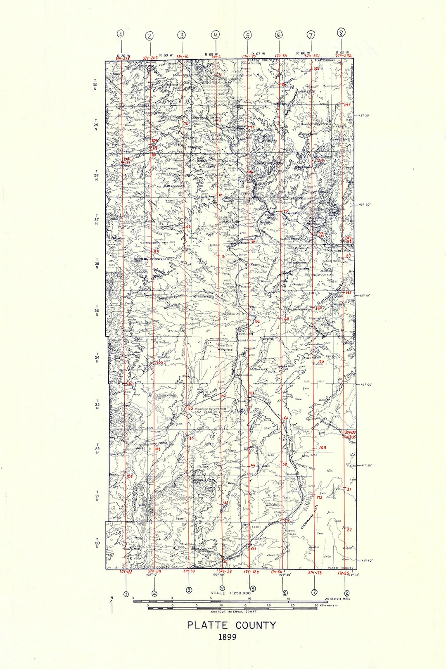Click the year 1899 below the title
(x=228, y=637)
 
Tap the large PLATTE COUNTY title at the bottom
(x=231, y=625)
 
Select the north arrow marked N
(x=111, y=605)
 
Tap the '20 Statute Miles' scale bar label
(x=337, y=598)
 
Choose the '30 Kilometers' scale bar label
(x=326, y=605)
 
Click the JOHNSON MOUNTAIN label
(x=150, y=259)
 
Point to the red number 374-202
(x=150, y=58)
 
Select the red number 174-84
(x=281, y=55)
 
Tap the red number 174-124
(x=251, y=572)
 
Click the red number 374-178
(x=315, y=572)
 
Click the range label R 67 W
(x=258, y=54)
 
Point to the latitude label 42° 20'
(x=365, y=205)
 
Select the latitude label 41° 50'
(x=365, y=465)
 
